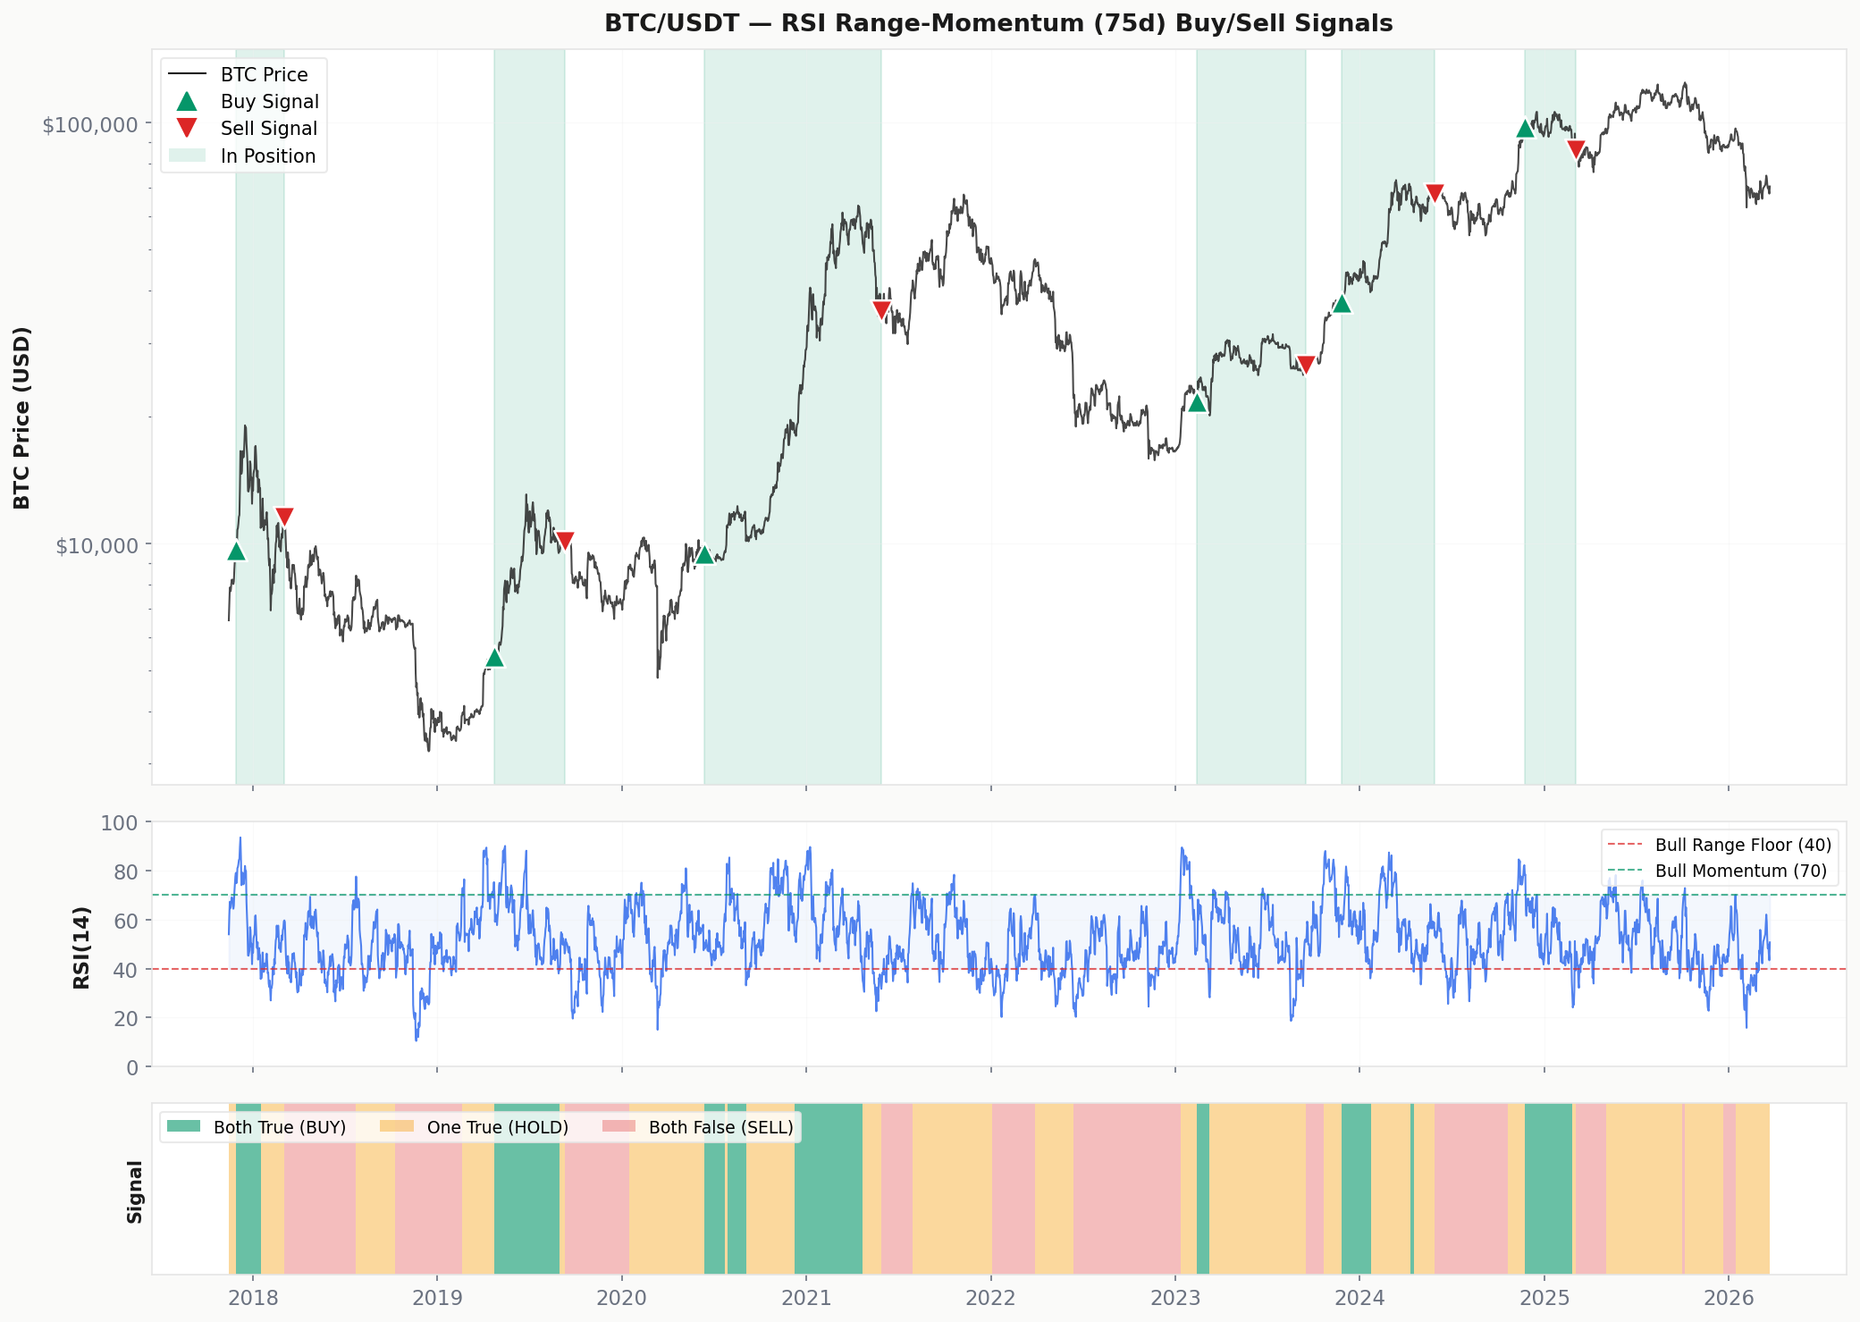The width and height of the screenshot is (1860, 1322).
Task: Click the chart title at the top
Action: (998, 23)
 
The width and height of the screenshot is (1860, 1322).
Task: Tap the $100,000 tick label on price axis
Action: (90, 124)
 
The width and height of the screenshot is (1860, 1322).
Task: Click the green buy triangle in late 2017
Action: (236, 552)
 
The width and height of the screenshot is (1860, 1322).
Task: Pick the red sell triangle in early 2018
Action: (284, 516)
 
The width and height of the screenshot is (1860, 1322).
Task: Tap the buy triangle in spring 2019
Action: (494, 659)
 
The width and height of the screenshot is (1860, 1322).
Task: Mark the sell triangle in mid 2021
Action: (881, 310)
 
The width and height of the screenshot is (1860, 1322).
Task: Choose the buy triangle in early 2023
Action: (1198, 404)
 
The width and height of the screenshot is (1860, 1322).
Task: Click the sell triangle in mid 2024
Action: (1435, 192)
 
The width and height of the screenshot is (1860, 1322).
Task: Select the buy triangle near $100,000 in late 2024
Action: (1525, 129)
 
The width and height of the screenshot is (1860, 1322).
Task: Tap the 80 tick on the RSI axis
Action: (126, 872)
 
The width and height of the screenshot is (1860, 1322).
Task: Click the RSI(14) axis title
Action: (81, 947)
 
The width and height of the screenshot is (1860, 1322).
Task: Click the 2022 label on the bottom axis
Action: (990, 1298)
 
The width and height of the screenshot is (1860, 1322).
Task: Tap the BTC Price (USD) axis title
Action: (22, 417)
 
